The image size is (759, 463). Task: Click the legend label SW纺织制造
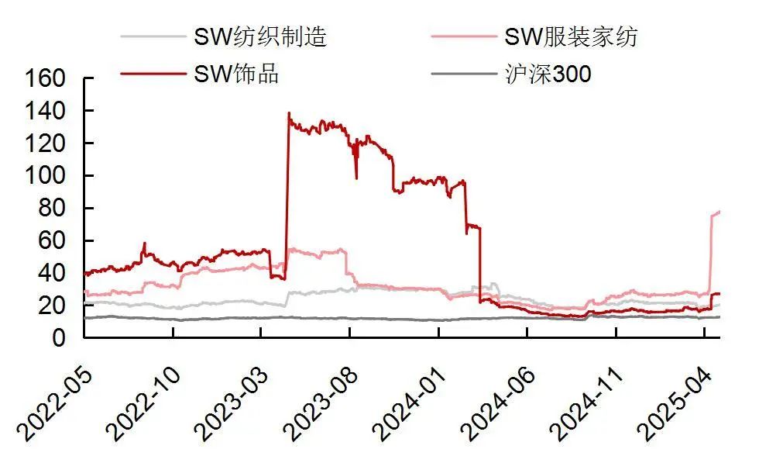pos(260,36)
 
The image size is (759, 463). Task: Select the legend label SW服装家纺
pos(571,36)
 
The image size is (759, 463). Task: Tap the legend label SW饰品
pos(235,74)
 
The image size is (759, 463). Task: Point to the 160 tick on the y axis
pos(48,80)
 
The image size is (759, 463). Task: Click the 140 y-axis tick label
pos(48,112)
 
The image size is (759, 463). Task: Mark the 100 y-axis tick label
pos(48,177)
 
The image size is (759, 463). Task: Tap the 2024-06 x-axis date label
pos(493,403)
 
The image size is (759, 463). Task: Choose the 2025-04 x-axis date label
pos(670,403)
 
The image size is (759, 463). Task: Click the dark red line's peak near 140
pos(289,113)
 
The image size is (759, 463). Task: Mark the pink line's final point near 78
pos(720,212)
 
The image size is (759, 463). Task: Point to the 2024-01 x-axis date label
pos(404,403)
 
